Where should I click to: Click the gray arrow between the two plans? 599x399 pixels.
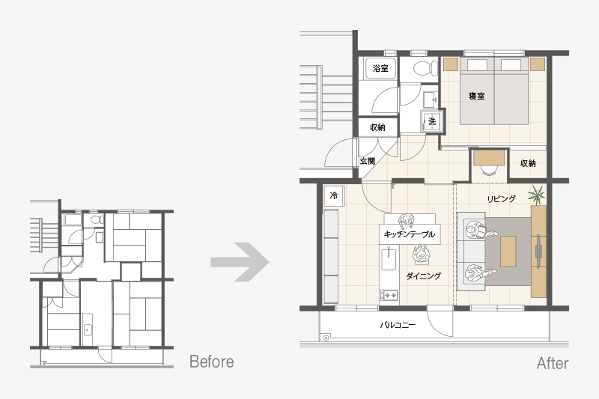(x=240, y=262)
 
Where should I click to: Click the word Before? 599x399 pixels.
(x=212, y=362)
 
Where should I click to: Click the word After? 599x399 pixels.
(x=553, y=363)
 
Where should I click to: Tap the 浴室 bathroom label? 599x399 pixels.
(x=380, y=68)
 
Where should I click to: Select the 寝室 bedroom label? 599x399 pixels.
(x=477, y=96)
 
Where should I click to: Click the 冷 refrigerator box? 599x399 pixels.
(x=334, y=196)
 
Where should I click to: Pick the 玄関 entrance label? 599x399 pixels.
(x=367, y=161)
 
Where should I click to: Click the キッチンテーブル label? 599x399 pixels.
(x=409, y=234)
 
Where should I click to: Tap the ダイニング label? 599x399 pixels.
(x=423, y=275)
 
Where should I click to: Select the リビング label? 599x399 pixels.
(x=501, y=198)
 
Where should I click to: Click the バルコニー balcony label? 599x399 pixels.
(x=398, y=325)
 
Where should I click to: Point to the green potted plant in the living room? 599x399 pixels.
(x=537, y=195)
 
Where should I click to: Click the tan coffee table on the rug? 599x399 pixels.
(x=508, y=252)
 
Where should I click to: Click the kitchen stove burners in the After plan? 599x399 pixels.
(x=389, y=295)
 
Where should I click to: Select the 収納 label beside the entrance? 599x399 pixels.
(x=377, y=127)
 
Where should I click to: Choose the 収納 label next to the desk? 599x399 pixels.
(x=528, y=163)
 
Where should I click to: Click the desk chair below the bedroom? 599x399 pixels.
(x=488, y=169)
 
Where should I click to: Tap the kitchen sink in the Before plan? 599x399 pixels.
(x=88, y=329)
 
